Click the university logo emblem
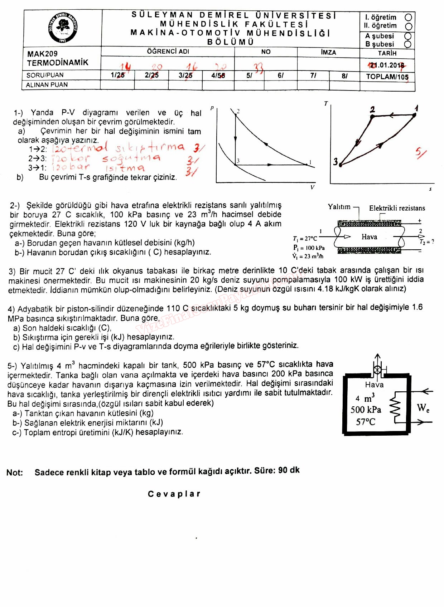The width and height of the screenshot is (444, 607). pyautogui.click(x=63, y=28)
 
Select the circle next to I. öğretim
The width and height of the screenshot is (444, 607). pyautogui.click(x=408, y=17)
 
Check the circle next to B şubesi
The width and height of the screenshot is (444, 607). pyautogui.click(x=407, y=44)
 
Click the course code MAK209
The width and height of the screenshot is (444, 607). pyautogui.click(x=42, y=54)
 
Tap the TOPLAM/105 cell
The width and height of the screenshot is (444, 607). pyautogui.click(x=387, y=77)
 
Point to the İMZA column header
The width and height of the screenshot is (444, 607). pyautogui.click(x=328, y=52)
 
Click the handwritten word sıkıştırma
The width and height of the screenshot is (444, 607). pyautogui.click(x=150, y=147)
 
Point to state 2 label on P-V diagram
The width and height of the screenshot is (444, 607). pyautogui.click(x=238, y=111)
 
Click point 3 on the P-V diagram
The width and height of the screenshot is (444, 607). pyautogui.click(x=236, y=164)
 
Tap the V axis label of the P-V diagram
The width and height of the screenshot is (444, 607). pyautogui.click(x=312, y=187)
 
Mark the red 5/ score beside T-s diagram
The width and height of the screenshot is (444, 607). pyautogui.click(x=420, y=153)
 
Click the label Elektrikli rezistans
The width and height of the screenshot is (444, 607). pyautogui.click(x=397, y=208)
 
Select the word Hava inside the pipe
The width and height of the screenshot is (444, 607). pyautogui.click(x=369, y=237)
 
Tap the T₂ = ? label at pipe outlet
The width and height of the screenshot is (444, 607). pyautogui.click(x=426, y=242)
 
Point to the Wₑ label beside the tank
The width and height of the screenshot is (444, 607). pyautogui.click(x=423, y=408)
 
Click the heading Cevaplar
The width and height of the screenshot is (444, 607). pyautogui.click(x=174, y=494)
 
